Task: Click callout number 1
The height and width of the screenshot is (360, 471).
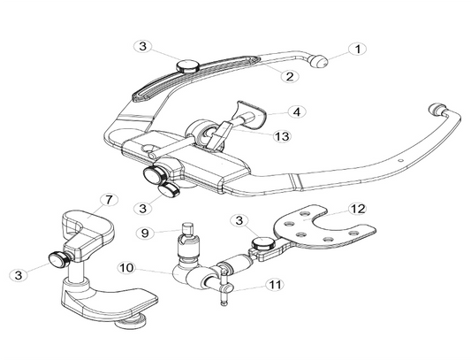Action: click(357, 49)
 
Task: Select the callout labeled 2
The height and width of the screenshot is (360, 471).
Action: click(290, 76)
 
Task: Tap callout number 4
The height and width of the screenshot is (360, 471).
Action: click(297, 111)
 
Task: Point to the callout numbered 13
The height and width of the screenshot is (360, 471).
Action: click(283, 136)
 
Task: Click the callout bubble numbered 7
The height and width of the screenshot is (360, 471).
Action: click(109, 200)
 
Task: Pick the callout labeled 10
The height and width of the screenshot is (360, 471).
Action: click(127, 267)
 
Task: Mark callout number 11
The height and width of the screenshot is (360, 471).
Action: click(275, 285)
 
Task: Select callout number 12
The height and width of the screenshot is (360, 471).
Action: click(357, 209)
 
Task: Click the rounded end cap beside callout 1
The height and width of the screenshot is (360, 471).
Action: click(318, 61)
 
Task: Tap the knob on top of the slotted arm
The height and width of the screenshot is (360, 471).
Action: click(187, 65)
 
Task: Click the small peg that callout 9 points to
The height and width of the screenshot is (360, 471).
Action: click(187, 228)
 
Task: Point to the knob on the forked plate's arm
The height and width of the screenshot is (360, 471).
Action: click(263, 242)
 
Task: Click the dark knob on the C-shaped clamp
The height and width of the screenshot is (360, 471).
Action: click(59, 259)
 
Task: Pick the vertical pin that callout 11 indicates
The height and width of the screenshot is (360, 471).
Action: click(224, 287)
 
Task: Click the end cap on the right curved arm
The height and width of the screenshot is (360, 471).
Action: click(438, 109)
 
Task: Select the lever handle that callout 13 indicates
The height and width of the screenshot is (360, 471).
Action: click(218, 134)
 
